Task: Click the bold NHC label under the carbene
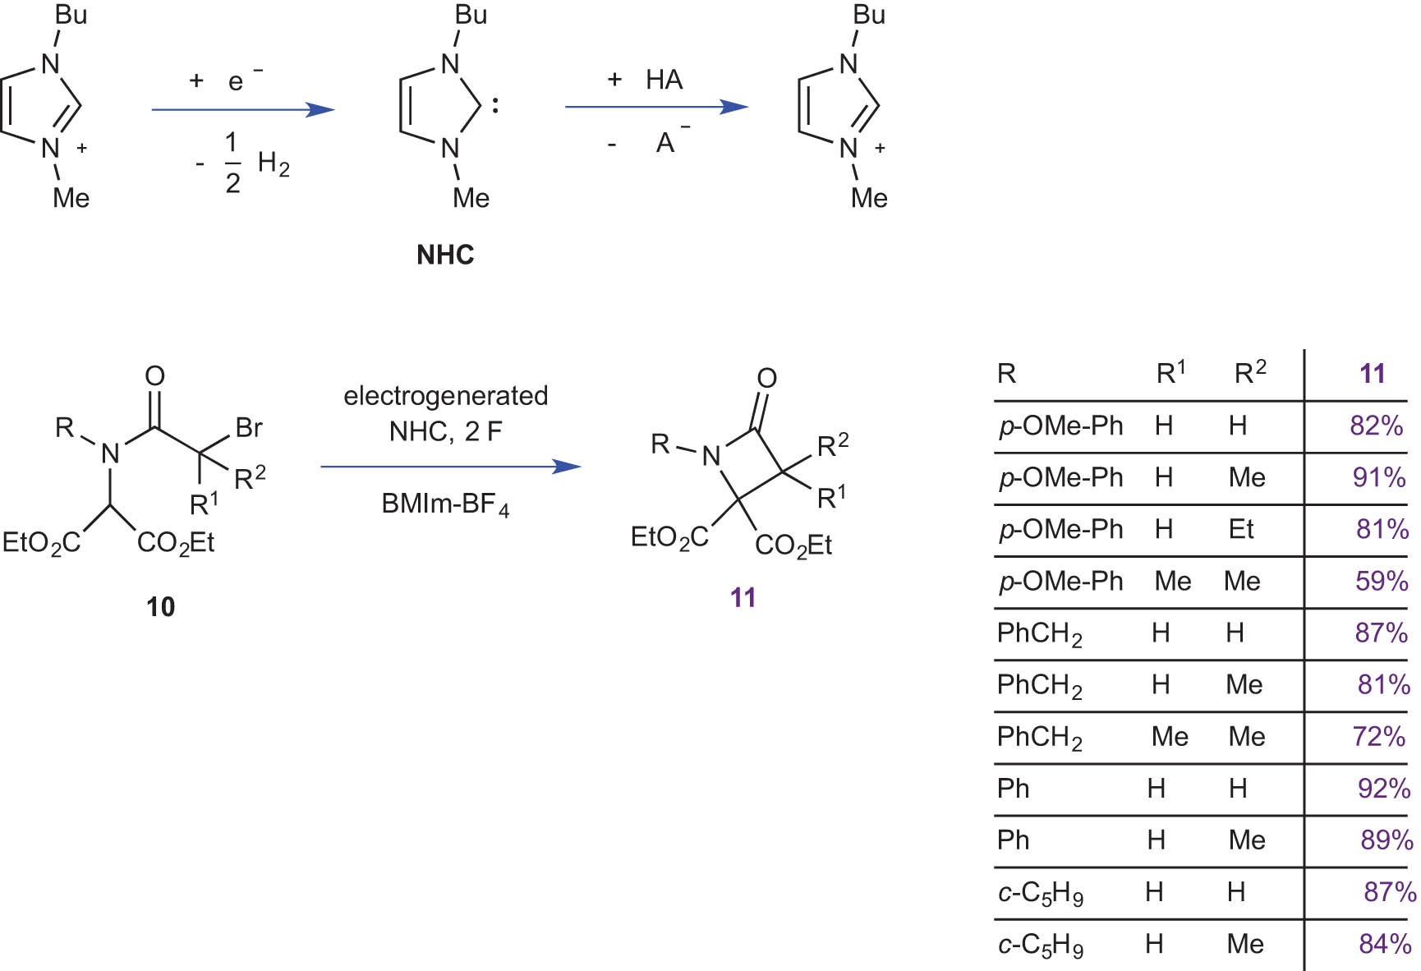[445, 255]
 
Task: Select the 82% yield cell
[1376, 426]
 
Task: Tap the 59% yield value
[1382, 581]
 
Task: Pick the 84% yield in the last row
[1385, 944]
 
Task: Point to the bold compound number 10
[160, 607]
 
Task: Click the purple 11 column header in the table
[1372, 374]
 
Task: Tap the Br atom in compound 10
[249, 427]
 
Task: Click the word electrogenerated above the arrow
[445, 396]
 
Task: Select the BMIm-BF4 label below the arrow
[445, 504]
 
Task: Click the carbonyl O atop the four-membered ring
[766, 378]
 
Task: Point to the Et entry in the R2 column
[1241, 529]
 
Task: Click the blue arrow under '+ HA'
[656, 107]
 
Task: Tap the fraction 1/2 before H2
[232, 163]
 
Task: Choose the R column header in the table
[1006, 374]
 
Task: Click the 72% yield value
[1379, 736]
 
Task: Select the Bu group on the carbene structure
[471, 15]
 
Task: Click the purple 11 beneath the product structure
[743, 597]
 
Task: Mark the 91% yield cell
[1379, 477]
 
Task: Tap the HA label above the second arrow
[664, 80]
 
